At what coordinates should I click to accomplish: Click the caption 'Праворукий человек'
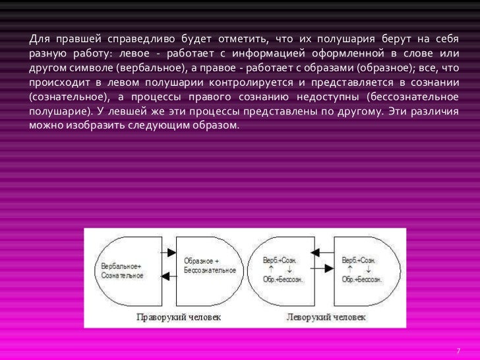click(179, 317)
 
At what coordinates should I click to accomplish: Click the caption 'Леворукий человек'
click(324, 317)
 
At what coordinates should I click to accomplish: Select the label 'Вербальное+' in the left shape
click(121, 267)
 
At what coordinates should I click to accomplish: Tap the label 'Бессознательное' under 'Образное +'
click(210, 270)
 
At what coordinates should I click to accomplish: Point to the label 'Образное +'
click(202, 262)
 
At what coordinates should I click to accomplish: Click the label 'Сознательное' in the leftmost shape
click(123, 275)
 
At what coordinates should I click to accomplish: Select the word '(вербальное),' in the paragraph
click(151, 69)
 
